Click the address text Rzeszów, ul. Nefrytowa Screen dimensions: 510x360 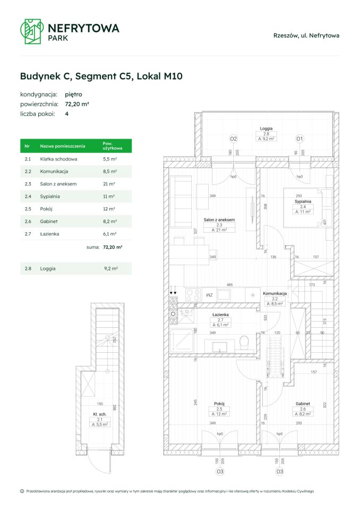coord(306,36)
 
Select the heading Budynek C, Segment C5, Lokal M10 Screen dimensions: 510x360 coord(101,76)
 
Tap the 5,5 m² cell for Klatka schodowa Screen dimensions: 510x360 coord(109,159)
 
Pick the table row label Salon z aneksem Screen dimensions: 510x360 coord(58,184)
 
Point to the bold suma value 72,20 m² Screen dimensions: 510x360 coord(112,247)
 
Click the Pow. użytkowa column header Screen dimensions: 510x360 coord(113,146)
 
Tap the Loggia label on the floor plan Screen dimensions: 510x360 coord(266,128)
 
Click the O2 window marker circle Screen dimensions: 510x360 coord(233,139)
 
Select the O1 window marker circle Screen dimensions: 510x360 coord(299,139)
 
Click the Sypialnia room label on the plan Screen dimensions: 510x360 coord(303,201)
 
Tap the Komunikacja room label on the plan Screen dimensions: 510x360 coord(275,293)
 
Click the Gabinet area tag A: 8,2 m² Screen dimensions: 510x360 coord(303,413)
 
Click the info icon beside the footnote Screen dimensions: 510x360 coord(22,491)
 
